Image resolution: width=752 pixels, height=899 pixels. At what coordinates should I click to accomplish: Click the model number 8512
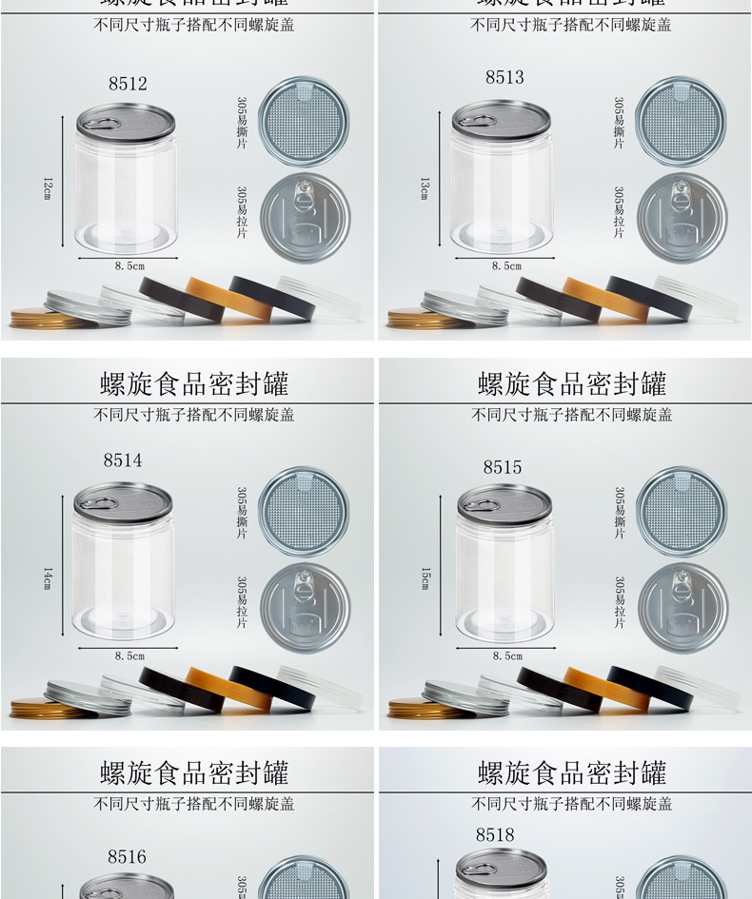[x=128, y=84]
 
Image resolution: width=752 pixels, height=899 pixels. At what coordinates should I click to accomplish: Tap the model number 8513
[x=505, y=77]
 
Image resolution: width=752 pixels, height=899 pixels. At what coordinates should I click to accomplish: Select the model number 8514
[x=123, y=460]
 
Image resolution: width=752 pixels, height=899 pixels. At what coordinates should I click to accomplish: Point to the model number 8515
[x=502, y=467]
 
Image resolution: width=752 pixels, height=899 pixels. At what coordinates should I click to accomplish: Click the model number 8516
[x=127, y=856]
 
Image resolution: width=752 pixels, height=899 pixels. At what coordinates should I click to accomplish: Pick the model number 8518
[x=495, y=834]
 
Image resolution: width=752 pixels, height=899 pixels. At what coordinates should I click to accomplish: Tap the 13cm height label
[x=425, y=188]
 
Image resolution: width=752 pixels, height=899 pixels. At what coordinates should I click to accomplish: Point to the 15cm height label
[x=425, y=577]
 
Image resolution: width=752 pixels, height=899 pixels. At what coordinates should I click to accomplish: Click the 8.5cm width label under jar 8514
[x=129, y=655]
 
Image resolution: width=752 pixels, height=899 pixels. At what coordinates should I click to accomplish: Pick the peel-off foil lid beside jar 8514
[x=304, y=511]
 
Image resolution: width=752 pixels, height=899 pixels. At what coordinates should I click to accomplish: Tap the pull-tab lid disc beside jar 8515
[x=682, y=607]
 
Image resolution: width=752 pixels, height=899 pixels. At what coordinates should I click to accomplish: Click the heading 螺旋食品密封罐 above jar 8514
[x=194, y=383]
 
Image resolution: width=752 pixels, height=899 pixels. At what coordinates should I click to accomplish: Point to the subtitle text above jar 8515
[x=572, y=415]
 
